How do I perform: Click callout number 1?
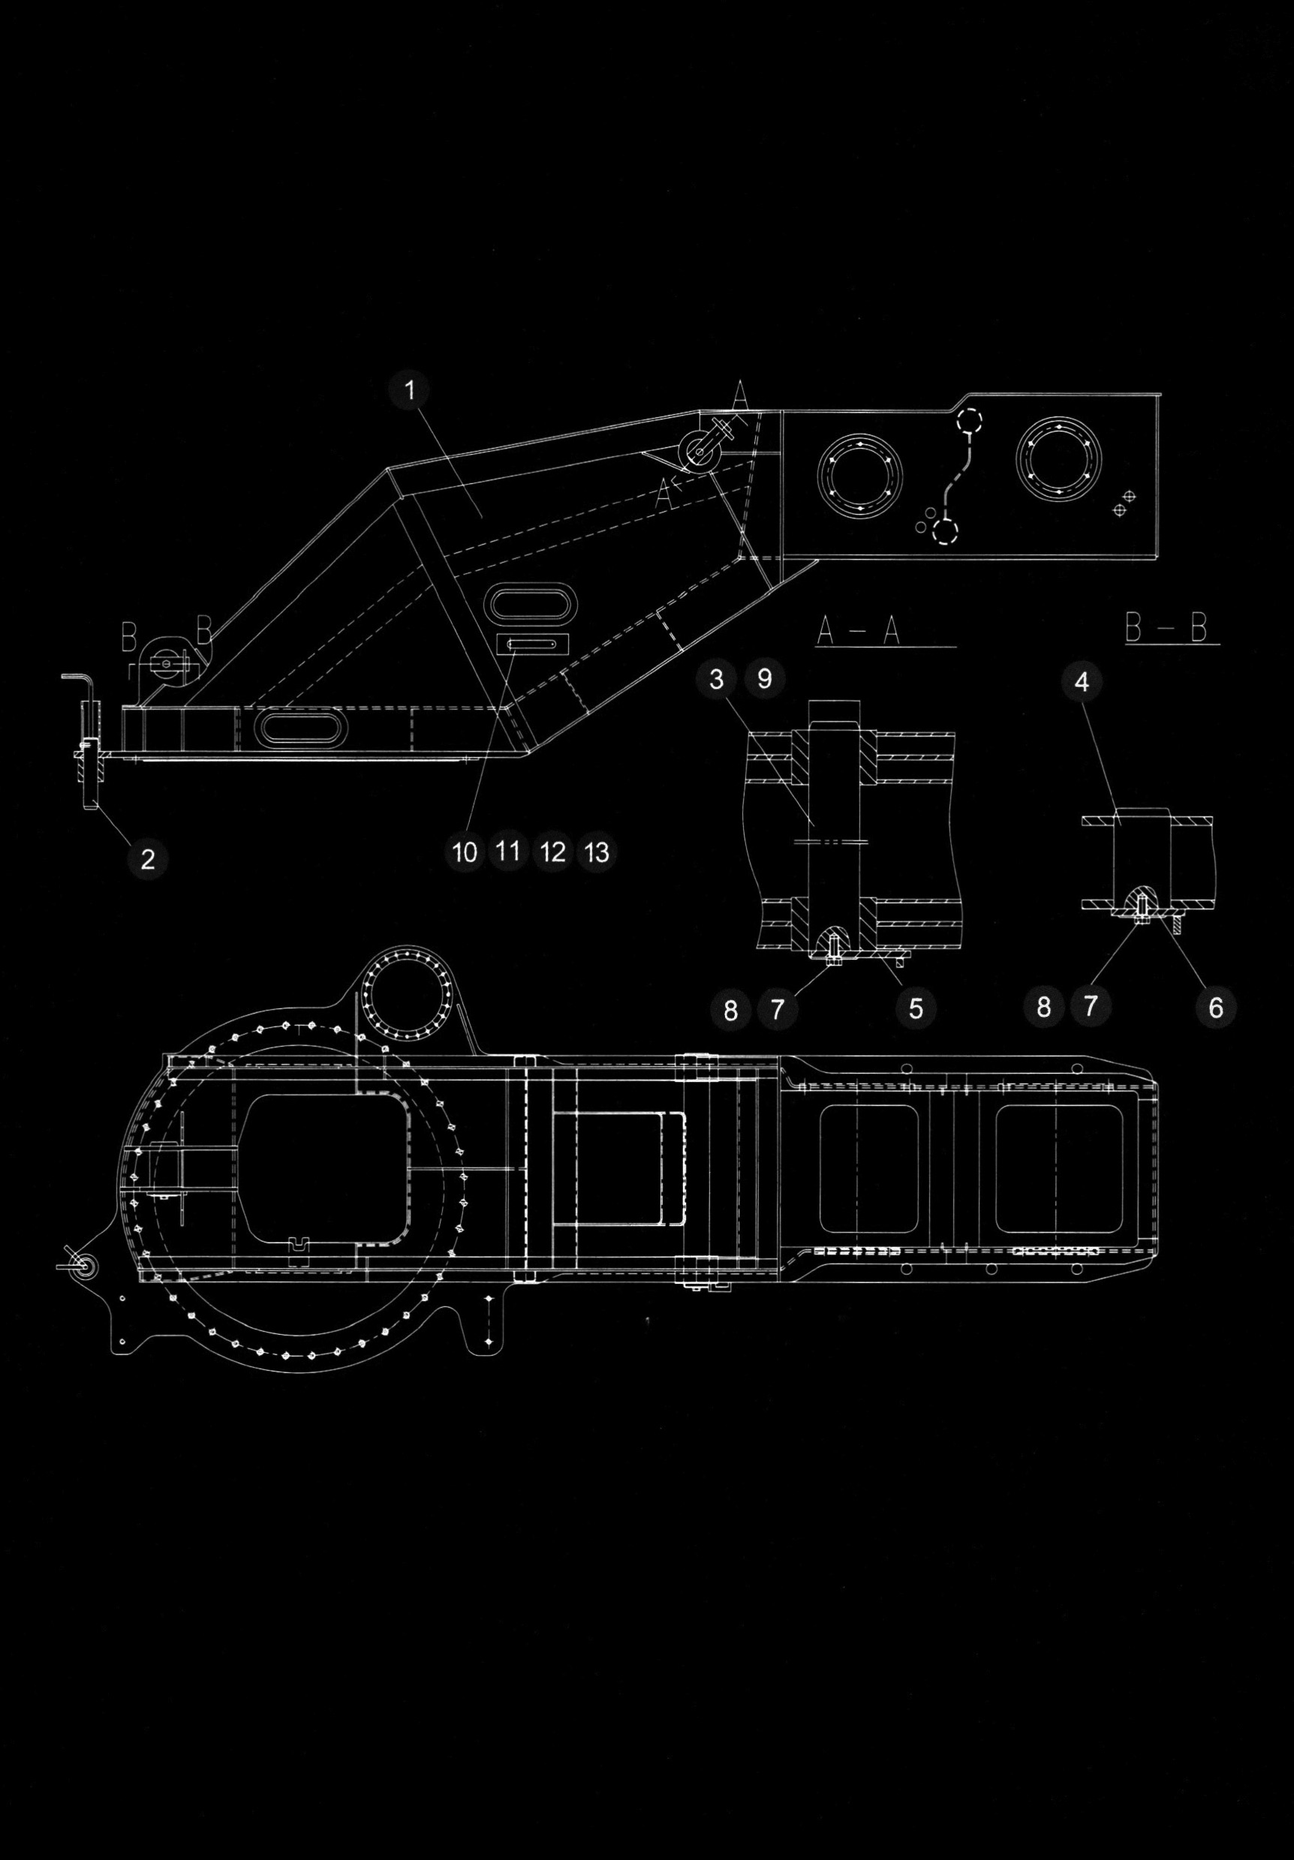[410, 390]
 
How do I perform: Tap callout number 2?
[147, 858]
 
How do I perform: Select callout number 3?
[717, 679]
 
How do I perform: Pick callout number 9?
[764, 679]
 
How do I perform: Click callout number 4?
[1081, 682]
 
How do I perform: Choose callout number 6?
[1215, 1008]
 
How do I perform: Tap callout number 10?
[465, 852]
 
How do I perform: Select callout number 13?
[597, 852]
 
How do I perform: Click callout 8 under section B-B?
[1043, 1007]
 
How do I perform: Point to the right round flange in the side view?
[1061, 456]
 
